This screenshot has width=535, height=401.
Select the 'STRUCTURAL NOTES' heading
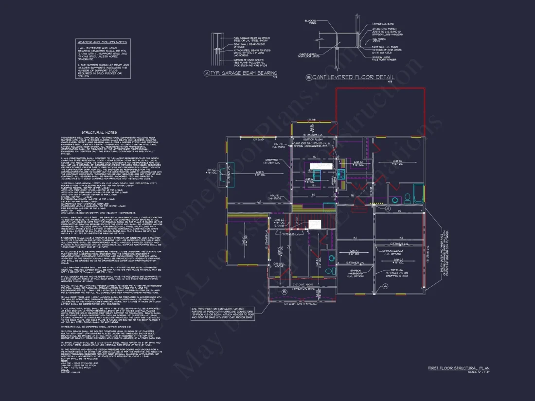pyautogui.click(x=99, y=132)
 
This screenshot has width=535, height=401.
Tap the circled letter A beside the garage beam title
pyautogui.click(x=207, y=73)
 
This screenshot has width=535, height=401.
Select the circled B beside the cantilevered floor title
pyautogui.click(x=308, y=77)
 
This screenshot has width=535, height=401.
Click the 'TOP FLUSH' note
pyautogui.click(x=397, y=270)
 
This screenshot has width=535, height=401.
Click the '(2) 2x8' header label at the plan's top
pyautogui.click(x=311, y=119)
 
